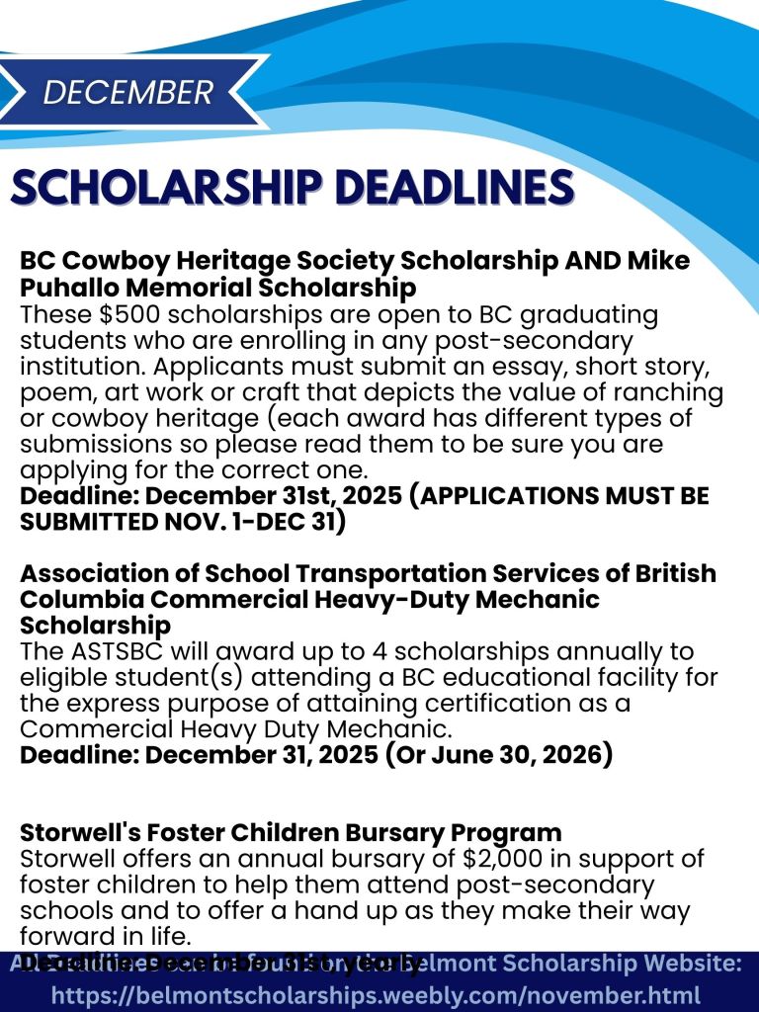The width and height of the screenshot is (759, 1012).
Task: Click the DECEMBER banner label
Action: click(x=128, y=92)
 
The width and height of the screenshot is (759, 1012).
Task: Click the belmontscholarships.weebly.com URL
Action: click(x=376, y=995)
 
